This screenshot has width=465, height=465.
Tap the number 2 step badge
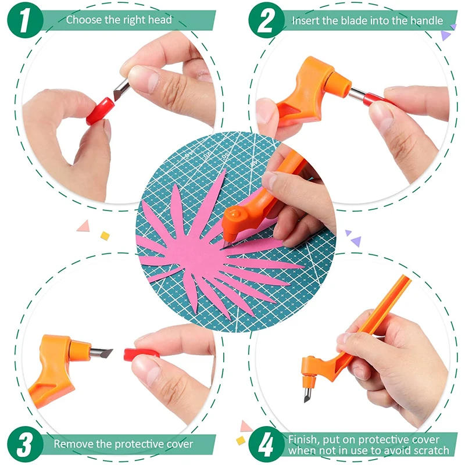266,20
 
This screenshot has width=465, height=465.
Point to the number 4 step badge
266,445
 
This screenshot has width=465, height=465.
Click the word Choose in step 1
81,20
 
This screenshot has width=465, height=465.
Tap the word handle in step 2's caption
425,21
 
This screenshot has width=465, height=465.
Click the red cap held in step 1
100,111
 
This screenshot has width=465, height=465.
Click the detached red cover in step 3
141,354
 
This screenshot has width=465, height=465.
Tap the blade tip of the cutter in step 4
306,397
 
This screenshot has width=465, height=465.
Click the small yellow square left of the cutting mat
105,235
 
